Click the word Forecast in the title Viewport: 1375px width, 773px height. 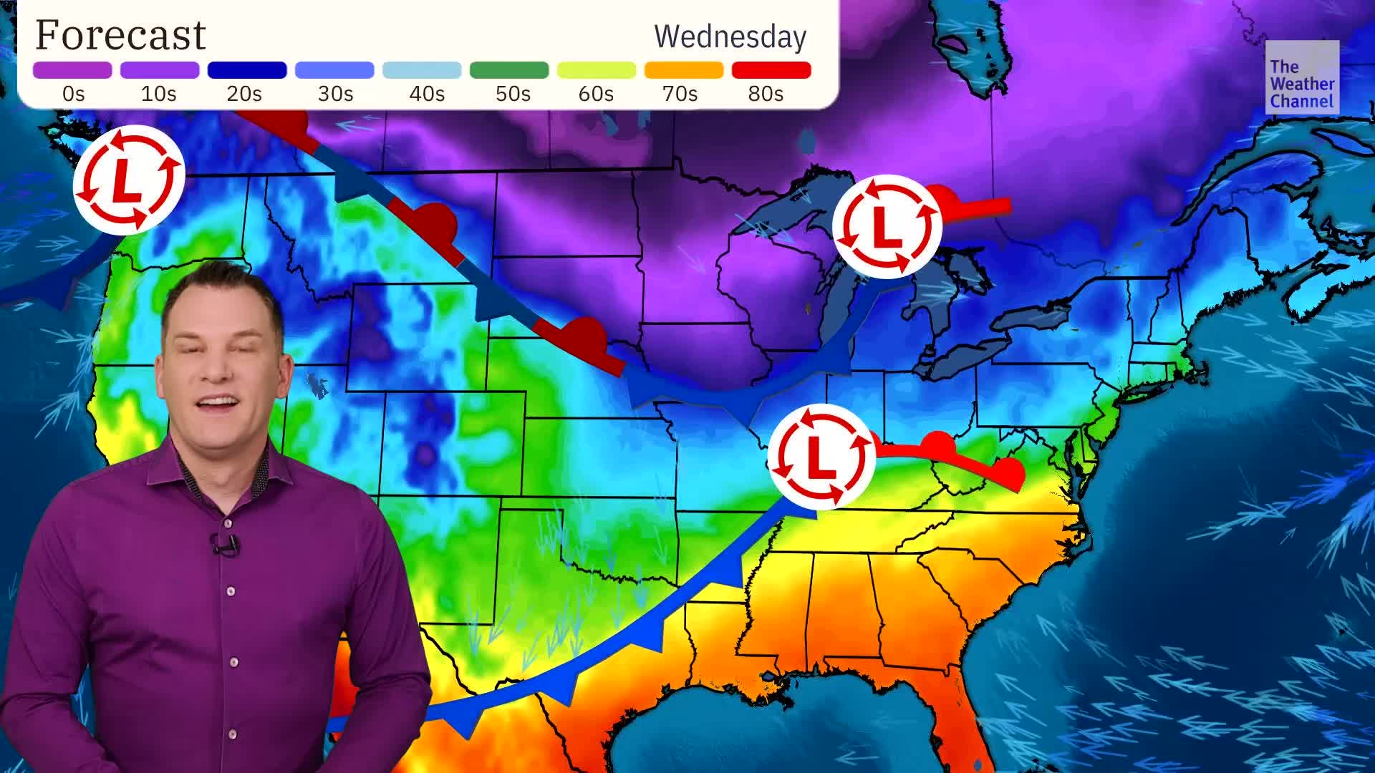120,36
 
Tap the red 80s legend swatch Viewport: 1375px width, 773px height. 771,70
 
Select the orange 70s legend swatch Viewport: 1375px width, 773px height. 683,70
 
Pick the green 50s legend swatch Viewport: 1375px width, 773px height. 508,70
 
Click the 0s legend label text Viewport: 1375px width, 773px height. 73,94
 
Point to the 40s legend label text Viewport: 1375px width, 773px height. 426,94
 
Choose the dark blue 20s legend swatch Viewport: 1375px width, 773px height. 246,70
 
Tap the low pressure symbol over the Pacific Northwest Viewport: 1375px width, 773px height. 128,178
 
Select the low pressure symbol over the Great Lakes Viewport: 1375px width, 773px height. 886,226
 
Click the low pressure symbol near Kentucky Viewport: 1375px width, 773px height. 821,456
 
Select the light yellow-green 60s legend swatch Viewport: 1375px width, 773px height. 596,70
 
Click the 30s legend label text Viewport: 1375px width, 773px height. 335,94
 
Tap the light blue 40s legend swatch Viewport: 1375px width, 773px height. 421,70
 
